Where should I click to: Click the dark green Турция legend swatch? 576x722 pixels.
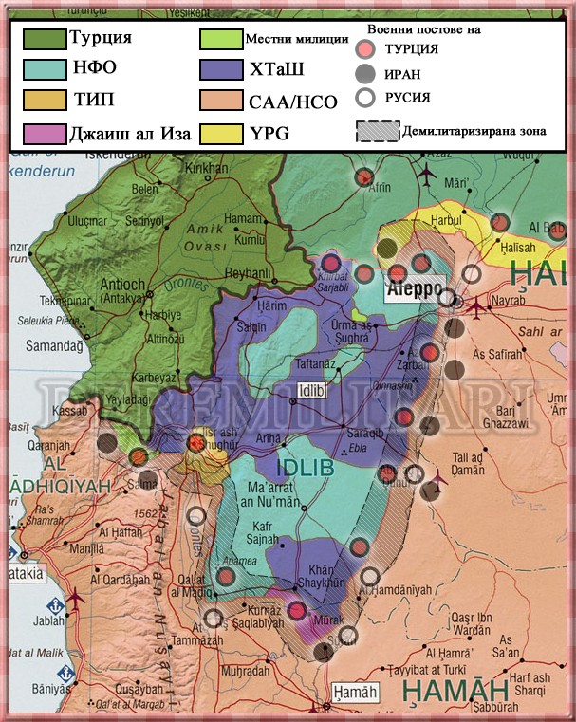tap(44, 39)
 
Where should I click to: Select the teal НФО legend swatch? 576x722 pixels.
tap(44, 69)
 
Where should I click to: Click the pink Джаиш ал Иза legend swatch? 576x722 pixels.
tap(44, 132)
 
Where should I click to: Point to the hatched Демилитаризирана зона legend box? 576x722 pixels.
tap(376, 130)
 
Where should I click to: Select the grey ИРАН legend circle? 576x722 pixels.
tap(363, 74)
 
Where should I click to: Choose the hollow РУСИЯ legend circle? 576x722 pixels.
tap(363, 97)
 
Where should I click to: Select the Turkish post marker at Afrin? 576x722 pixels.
tap(363, 177)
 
